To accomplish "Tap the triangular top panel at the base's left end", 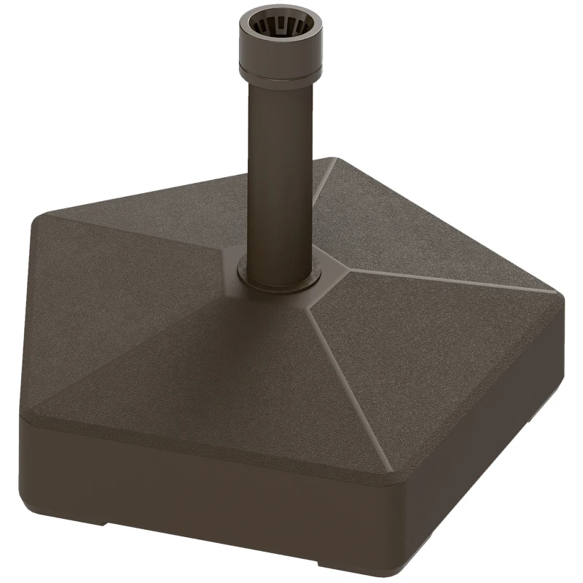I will pyautogui.click(x=109, y=306).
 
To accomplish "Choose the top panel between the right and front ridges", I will pyautogui.click(x=452, y=343).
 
